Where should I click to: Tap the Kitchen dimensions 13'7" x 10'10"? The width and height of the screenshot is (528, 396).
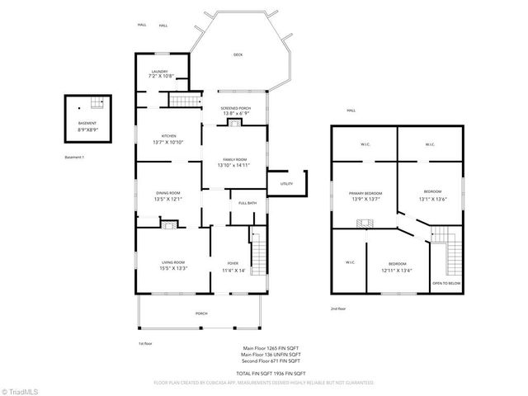pos(168,142)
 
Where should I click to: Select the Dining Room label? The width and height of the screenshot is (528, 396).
pos(168,193)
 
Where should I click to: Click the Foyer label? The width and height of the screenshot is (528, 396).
pos(233,263)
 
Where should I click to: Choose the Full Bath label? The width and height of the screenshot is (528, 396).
pos(247,203)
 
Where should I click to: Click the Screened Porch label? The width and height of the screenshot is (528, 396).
pos(235,109)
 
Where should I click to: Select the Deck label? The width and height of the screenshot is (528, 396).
pos(238,54)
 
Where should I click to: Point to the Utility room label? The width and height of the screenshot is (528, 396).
pos(286,183)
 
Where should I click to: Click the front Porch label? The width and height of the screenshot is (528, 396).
pos(201,313)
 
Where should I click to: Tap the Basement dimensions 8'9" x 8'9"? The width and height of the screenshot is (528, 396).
pos(87,129)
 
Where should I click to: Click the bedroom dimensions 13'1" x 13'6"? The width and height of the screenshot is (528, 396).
pos(431,199)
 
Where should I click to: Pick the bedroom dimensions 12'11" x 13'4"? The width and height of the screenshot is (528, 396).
pos(397,270)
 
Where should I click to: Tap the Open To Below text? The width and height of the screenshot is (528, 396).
pos(445,283)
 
